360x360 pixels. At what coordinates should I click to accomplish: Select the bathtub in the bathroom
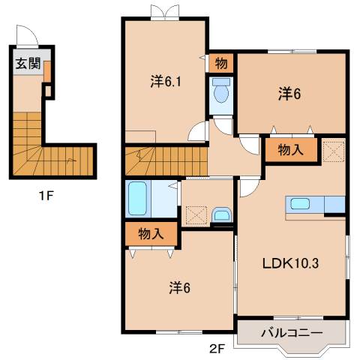pyautogui.click(x=139, y=198)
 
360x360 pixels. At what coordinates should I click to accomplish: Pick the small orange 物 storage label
pyautogui.click(x=223, y=63)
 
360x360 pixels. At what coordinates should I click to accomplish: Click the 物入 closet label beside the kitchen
pyautogui.click(x=290, y=150)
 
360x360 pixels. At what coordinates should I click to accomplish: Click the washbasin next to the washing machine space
pyautogui.click(x=222, y=215)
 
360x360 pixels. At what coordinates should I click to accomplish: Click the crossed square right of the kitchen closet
pyautogui.click(x=332, y=150)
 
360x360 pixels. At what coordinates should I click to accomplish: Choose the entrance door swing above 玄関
pyautogui.click(x=26, y=37)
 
